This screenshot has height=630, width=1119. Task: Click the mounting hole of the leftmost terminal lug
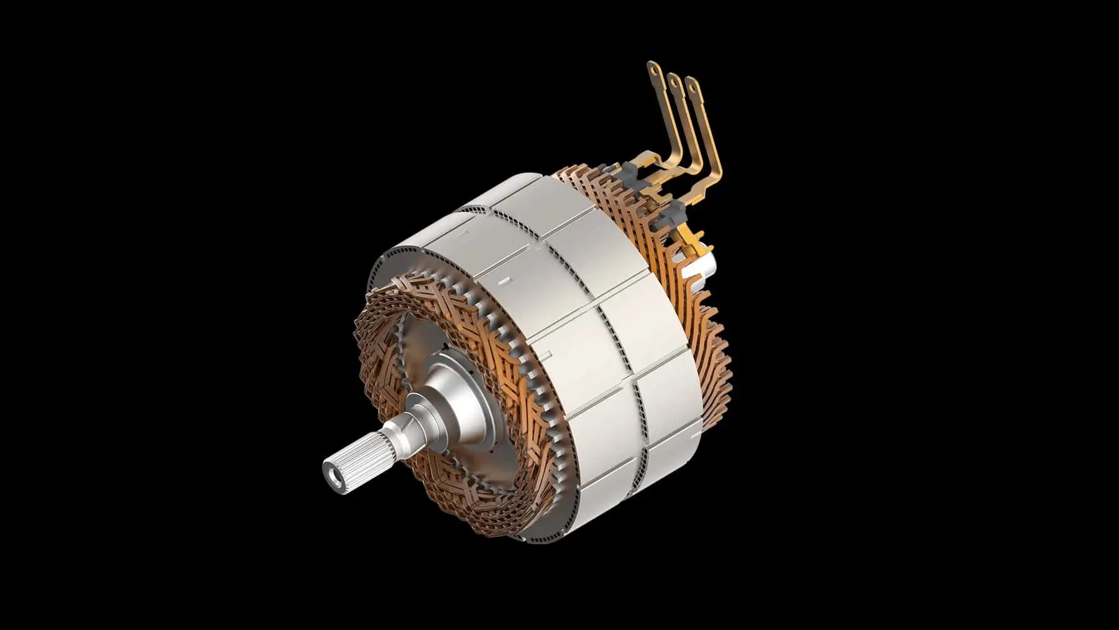[653, 71]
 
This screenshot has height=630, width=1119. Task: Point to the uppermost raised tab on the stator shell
[461, 234]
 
